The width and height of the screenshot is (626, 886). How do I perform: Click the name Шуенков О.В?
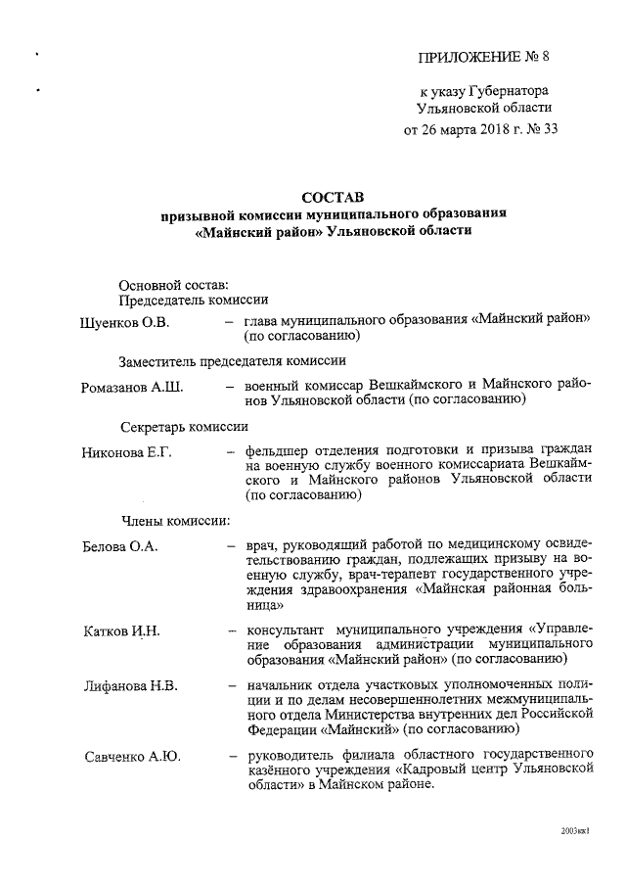tap(125, 322)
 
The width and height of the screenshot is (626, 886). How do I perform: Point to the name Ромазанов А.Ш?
tap(132, 388)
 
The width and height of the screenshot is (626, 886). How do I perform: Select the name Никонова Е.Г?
tap(127, 453)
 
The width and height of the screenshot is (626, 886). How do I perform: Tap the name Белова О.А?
tap(117, 545)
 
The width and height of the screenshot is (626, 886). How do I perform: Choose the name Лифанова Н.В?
tap(130, 685)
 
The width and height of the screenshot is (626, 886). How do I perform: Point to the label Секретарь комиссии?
tap(185, 427)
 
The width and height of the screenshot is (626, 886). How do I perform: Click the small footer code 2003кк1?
tap(576, 830)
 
